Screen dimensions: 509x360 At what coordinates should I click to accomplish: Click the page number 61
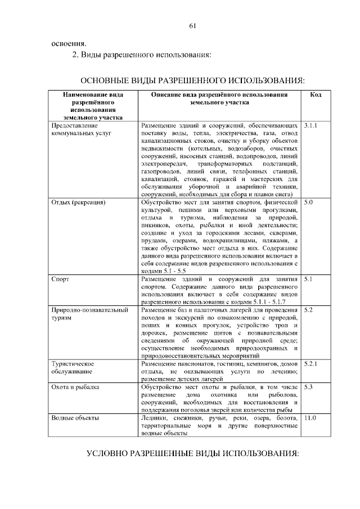pyautogui.click(x=192, y=26)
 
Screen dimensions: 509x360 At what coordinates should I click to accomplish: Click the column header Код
pyautogui.click(x=316, y=96)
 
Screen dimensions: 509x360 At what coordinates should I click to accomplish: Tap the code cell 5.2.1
pyautogui.click(x=310, y=364)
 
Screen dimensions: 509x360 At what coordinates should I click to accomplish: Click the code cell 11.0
pyautogui.click(x=310, y=418)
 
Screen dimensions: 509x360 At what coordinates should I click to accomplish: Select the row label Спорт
pyautogui.click(x=61, y=278)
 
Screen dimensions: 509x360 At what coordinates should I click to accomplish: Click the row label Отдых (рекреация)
pyautogui.click(x=79, y=201)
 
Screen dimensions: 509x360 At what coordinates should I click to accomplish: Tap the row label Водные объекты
pyautogui.click(x=75, y=418)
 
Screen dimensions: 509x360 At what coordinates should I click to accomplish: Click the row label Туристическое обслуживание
pyautogui.click(x=73, y=368)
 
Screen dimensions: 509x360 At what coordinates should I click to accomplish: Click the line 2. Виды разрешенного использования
pyautogui.click(x=141, y=55)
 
